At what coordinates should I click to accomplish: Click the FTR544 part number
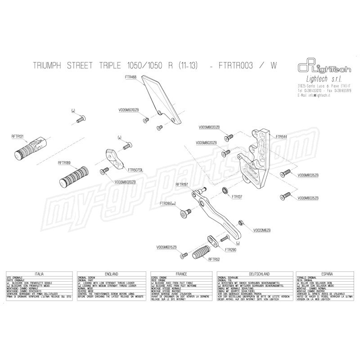point(281,135)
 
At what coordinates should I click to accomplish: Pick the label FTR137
point(237,197)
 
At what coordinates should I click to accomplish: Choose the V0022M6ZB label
point(262,229)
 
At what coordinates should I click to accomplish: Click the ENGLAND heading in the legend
point(111,274)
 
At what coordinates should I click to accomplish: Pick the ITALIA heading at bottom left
point(39,274)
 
